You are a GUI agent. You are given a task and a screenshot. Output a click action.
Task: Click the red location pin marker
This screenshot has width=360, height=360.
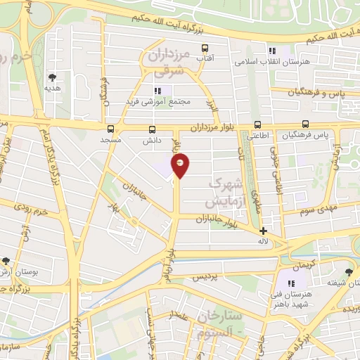pos(181,167)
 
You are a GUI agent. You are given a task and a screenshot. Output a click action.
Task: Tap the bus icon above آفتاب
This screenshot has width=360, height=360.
pos(205,49)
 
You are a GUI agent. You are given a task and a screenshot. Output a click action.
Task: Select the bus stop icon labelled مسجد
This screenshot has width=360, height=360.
pos(110,129)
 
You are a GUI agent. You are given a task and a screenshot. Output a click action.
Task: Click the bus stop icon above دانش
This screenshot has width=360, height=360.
pos(153,129)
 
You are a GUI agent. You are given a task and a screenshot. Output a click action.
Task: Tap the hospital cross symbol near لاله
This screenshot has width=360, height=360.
pos(263,231)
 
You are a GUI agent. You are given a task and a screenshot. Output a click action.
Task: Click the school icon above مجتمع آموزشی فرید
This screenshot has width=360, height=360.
pos(158,91)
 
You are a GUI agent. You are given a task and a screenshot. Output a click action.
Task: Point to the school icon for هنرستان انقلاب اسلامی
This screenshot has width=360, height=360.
pos(271,51)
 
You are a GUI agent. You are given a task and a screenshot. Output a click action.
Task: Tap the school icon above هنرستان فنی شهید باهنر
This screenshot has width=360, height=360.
pos(291,283)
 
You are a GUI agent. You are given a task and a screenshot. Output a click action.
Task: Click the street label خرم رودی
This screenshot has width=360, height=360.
pos(35,210)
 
